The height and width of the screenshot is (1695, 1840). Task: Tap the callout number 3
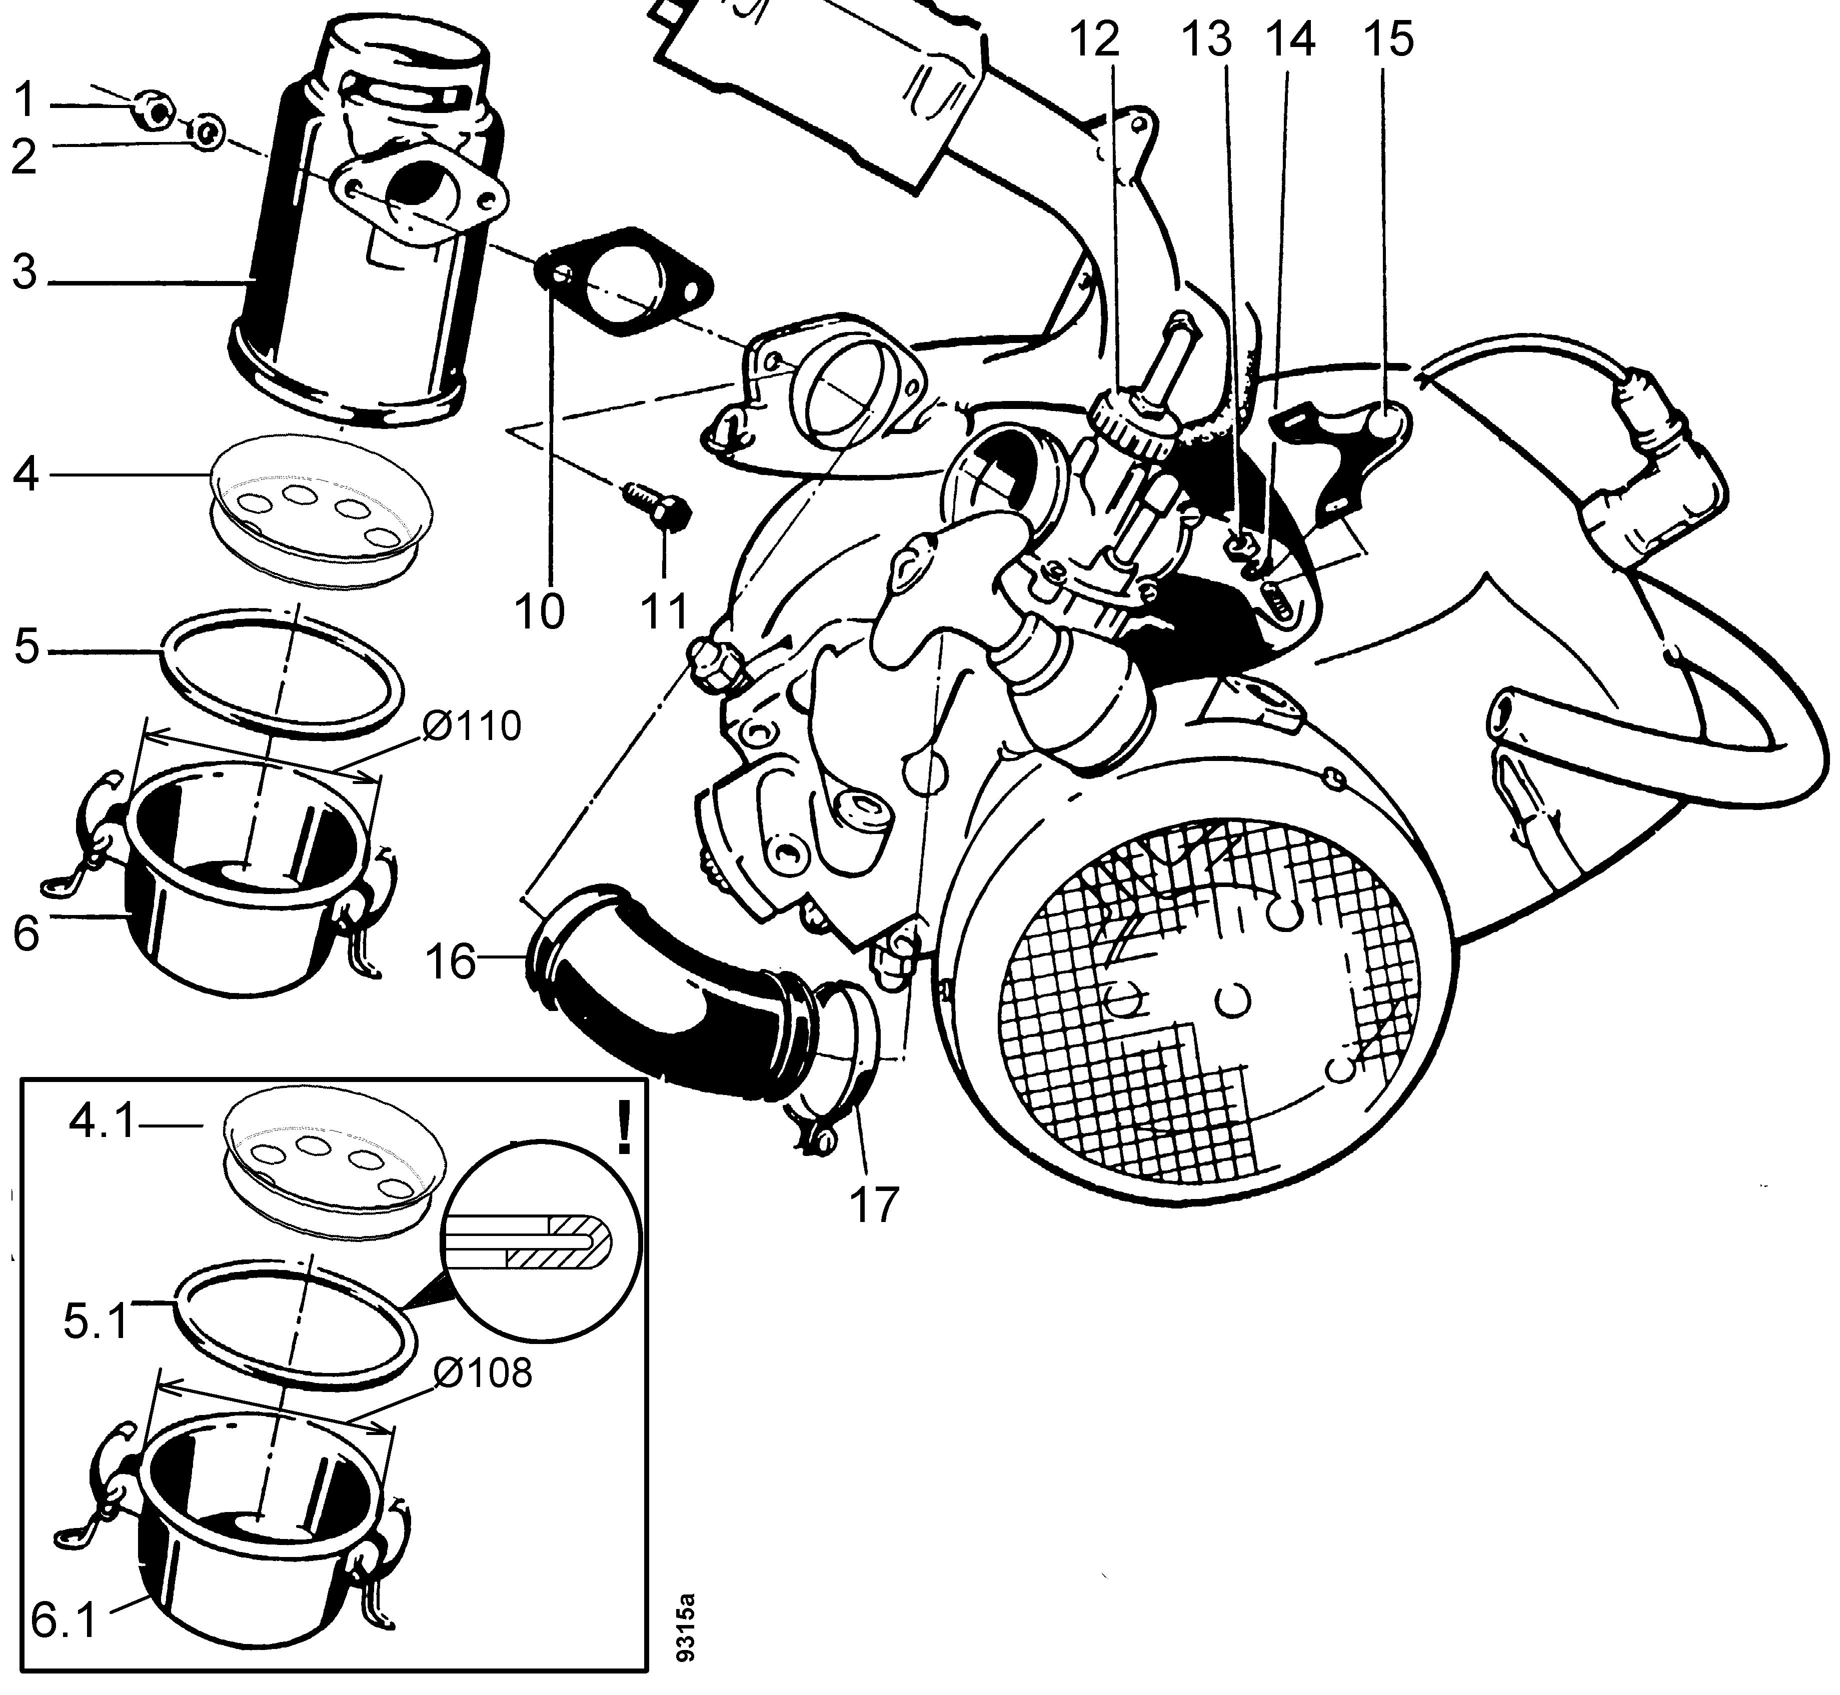[25, 272]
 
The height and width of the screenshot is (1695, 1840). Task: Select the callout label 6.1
[64, 1620]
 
